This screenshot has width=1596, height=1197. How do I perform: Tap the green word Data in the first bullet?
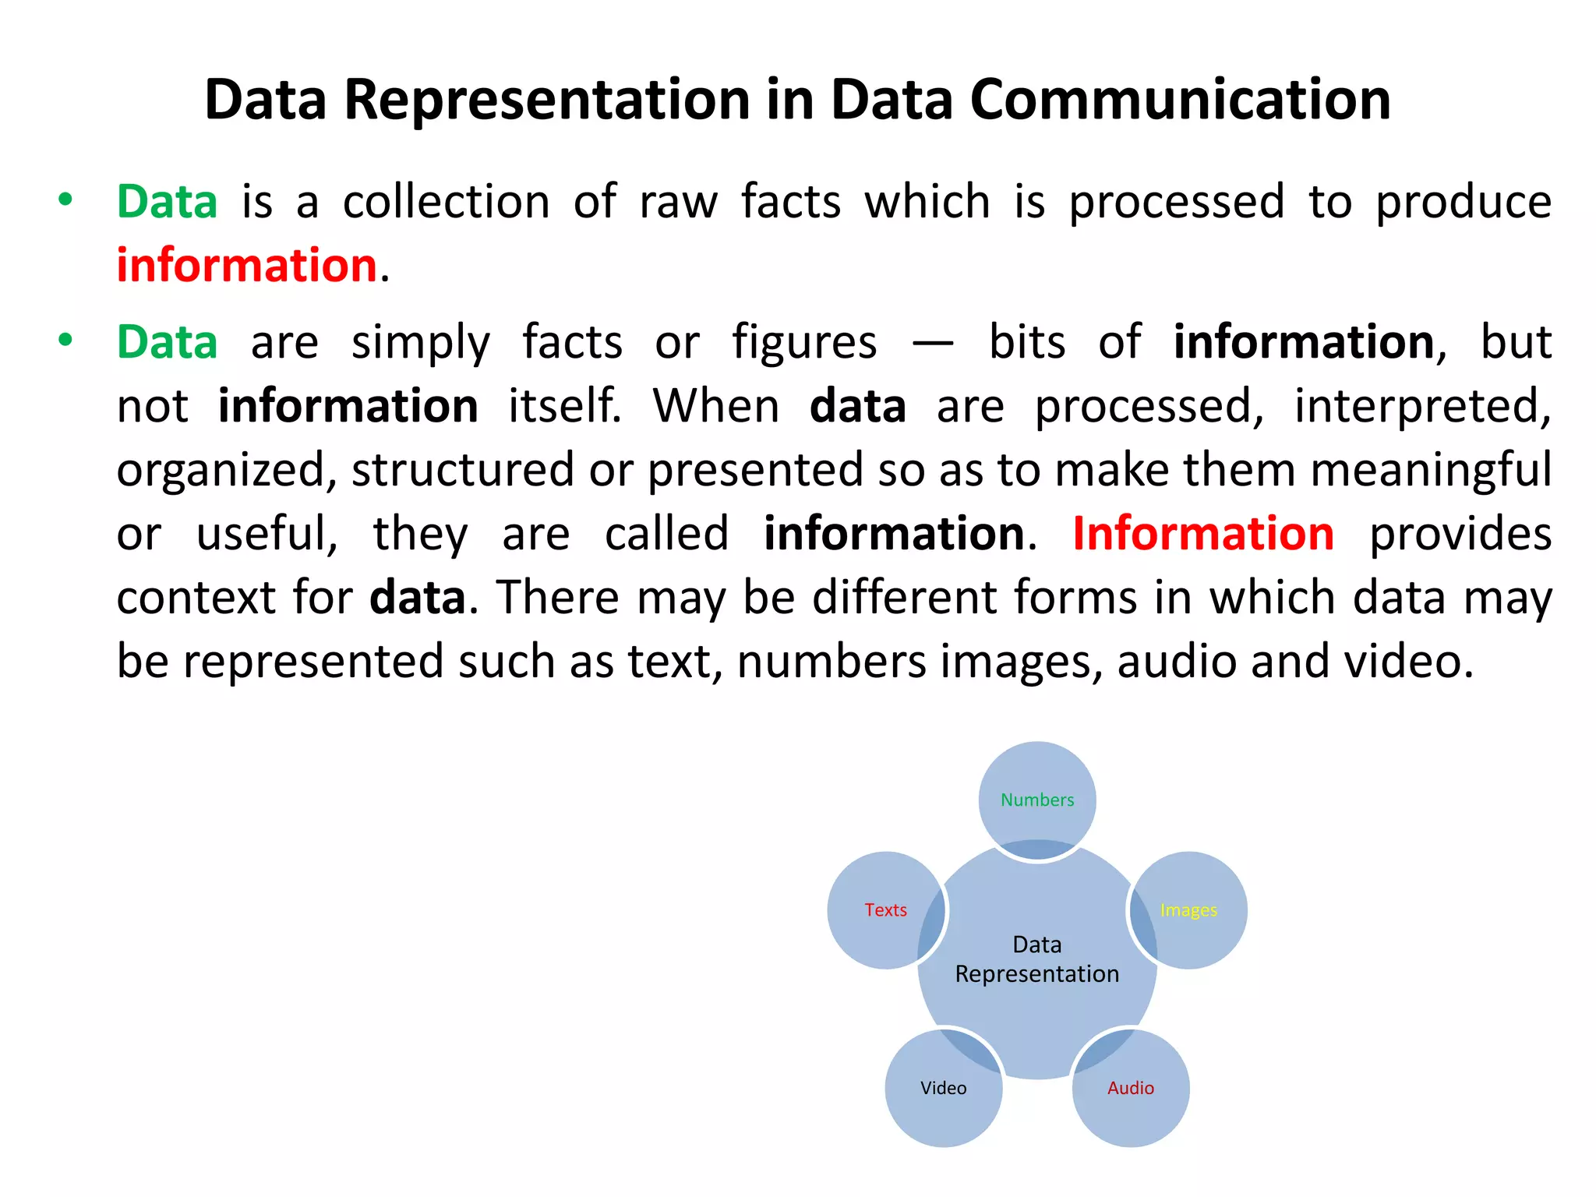point(167,202)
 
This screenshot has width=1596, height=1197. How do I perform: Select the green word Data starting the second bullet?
point(167,342)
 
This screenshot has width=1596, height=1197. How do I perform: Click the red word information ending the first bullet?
point(247,265)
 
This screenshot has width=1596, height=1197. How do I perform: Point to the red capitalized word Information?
point(1202,534)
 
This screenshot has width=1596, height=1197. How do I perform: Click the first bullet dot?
point(65,199)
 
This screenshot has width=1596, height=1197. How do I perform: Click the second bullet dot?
point(65,340)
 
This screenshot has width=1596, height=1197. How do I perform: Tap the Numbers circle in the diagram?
point(1037,800)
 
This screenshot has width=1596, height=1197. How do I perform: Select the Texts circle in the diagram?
point(886,910)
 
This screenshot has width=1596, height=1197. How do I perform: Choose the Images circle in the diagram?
point(1188,910)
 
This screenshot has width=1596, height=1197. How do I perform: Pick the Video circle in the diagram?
point(943,1088)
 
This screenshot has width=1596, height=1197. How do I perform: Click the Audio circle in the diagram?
point(1131,1088)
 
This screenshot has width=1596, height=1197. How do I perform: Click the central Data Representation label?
point(1037,959)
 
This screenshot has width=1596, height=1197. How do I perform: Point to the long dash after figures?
point(933,343)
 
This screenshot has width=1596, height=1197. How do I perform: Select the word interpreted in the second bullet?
point(1422,406)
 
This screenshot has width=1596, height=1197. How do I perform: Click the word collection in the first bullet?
point(447,202)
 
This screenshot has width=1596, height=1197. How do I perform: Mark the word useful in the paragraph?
point(267,534)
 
